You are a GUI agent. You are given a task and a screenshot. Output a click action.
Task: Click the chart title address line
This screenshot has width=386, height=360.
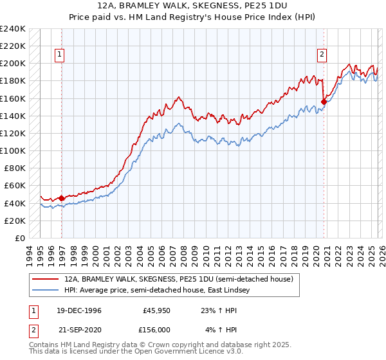tap(193, 5)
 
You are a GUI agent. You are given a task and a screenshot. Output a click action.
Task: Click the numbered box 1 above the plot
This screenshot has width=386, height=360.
tap(59, 55)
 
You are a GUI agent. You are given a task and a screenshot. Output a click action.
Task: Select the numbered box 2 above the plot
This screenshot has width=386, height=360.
tap(321, 55)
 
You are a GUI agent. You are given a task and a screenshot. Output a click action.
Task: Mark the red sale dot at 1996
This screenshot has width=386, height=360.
tap(62, 198)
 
